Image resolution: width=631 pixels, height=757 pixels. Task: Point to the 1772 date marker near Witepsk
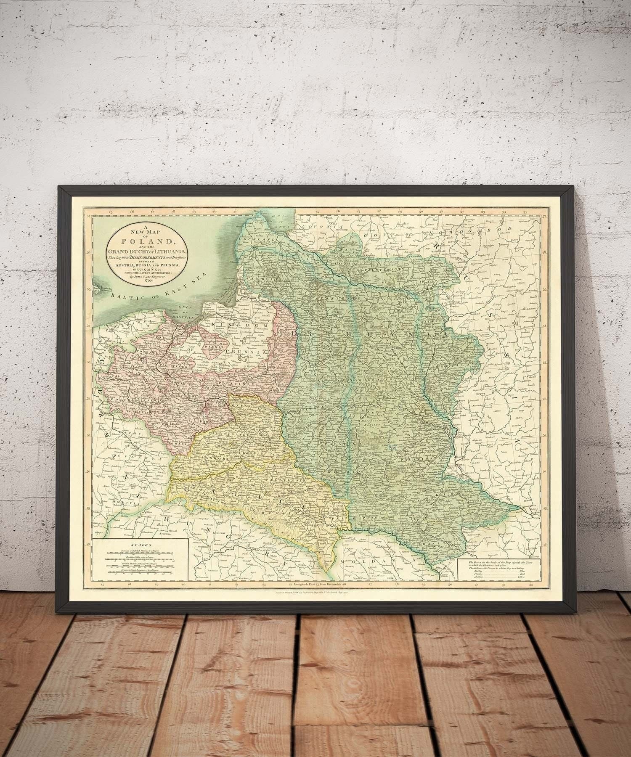point(430,308)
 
